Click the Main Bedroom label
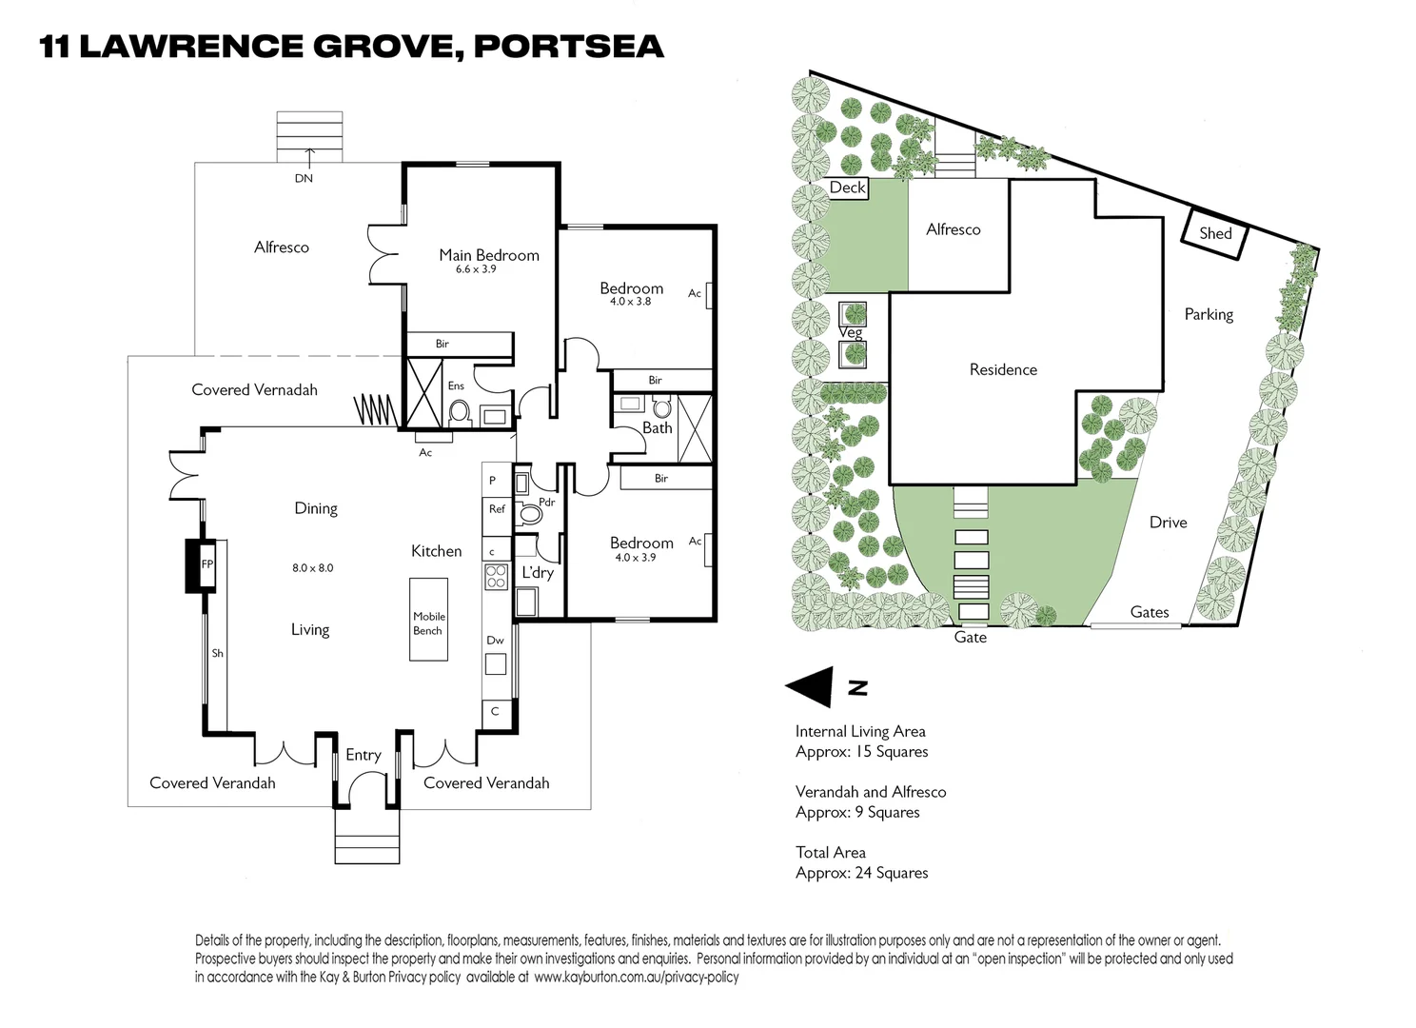tap(488, 254)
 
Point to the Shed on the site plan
tap(1215, 233)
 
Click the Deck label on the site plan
tap(847, 188)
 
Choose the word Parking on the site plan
tap(1209, 314)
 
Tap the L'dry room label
tap(538, 572)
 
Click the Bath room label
tap(657, 427)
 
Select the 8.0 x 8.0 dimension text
tap(312, 568)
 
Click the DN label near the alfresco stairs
tap(304, 178)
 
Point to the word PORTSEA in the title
tap(568, 47)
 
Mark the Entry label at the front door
tap(363, 755)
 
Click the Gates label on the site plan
tap(1150, 612)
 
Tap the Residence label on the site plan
tap(1003, 369)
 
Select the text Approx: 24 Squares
tap(861, 873)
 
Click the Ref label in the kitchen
tap(497, 509)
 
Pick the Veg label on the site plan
tap(851, 332)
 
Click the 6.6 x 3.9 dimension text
tap(476, 269)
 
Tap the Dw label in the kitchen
tap(495, 641)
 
